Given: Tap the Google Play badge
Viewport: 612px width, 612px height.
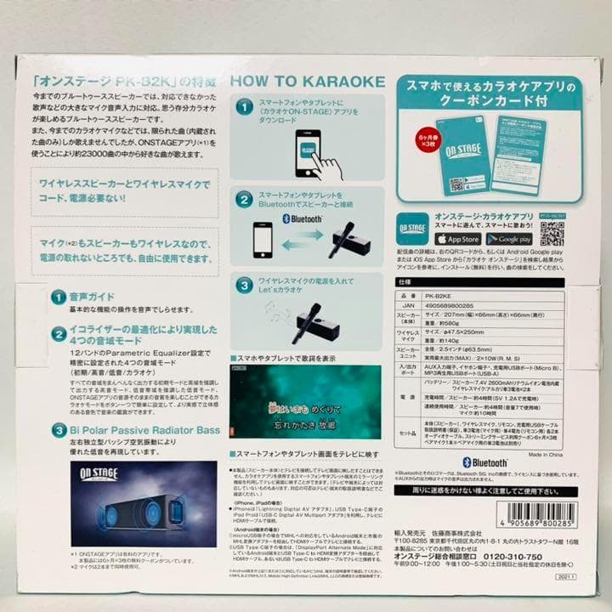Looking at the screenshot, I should [x=510, y=239].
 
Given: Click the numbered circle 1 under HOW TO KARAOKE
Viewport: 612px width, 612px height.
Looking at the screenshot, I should [x=243, y=108].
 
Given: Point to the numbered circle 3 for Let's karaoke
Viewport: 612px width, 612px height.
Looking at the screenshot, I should [x=243, y=286].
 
